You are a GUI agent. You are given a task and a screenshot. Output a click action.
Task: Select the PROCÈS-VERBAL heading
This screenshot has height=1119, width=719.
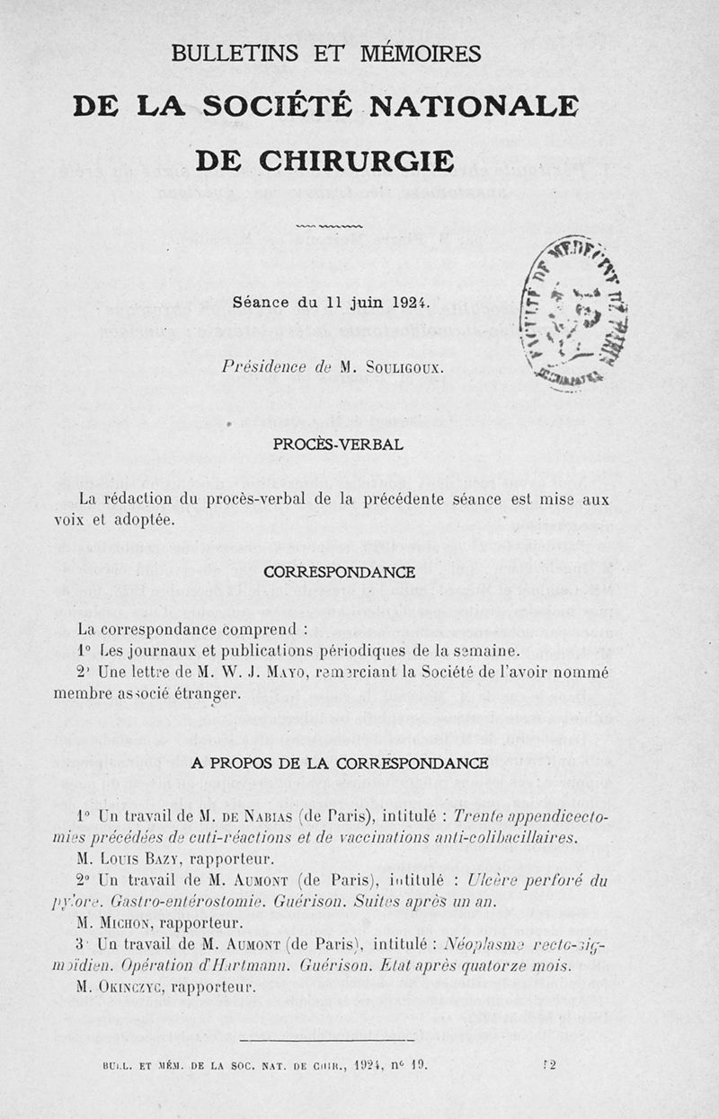coord(338,445)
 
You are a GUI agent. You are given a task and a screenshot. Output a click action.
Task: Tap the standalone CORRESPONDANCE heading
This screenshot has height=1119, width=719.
coord(339,572)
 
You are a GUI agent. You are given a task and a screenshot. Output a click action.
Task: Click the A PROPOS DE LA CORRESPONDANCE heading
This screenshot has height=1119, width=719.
coord(340,763)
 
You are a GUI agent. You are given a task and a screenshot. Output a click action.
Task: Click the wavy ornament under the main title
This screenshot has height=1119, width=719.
coord(329,225)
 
